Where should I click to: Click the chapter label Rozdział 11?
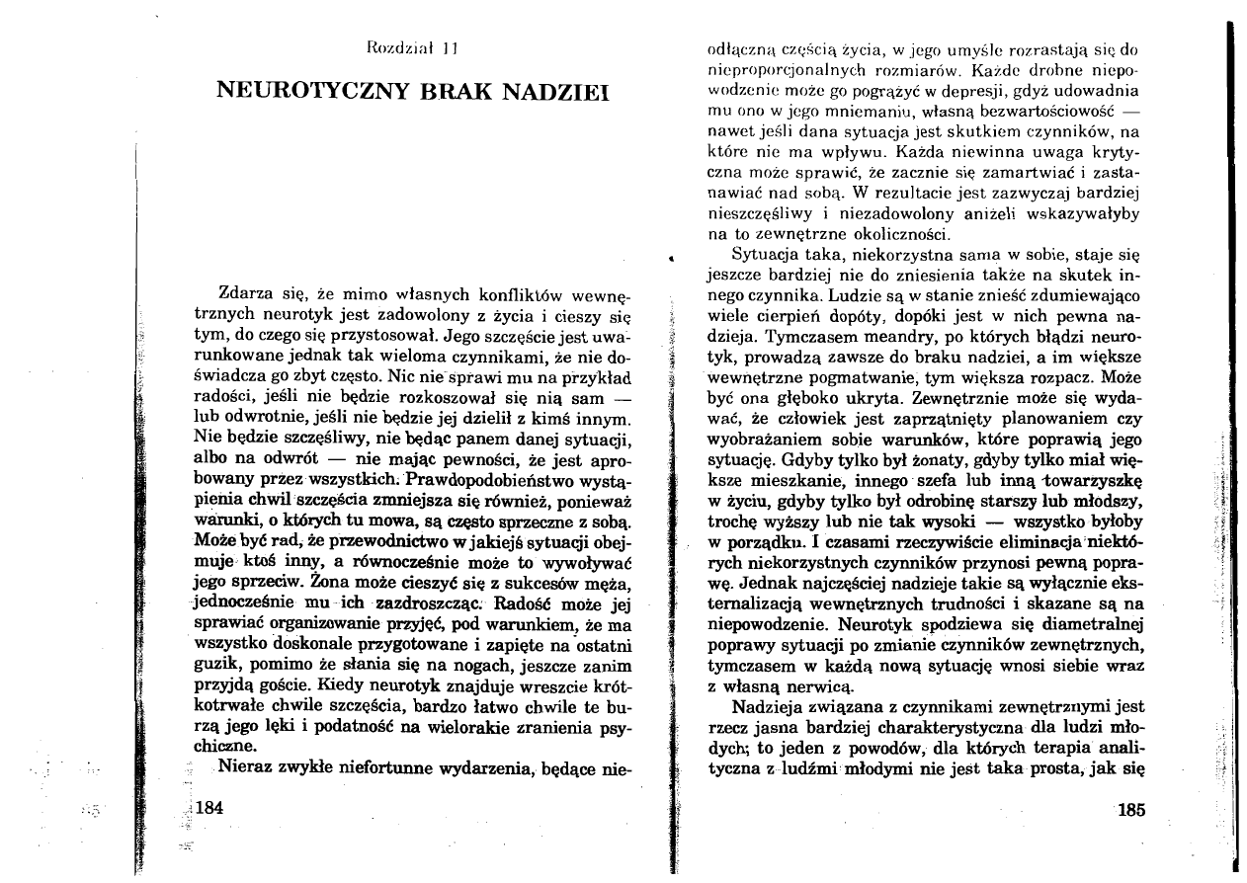[x=407, y=46]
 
